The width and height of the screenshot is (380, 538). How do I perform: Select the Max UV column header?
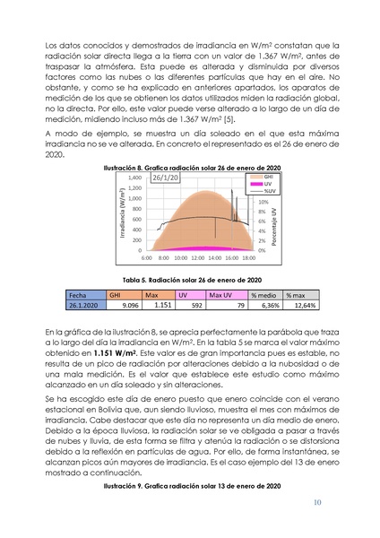(x=220, y=295)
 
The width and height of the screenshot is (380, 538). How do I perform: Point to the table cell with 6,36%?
(x=265, y=306)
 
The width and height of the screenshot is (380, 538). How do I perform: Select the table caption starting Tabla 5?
(x=190, y=279)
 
